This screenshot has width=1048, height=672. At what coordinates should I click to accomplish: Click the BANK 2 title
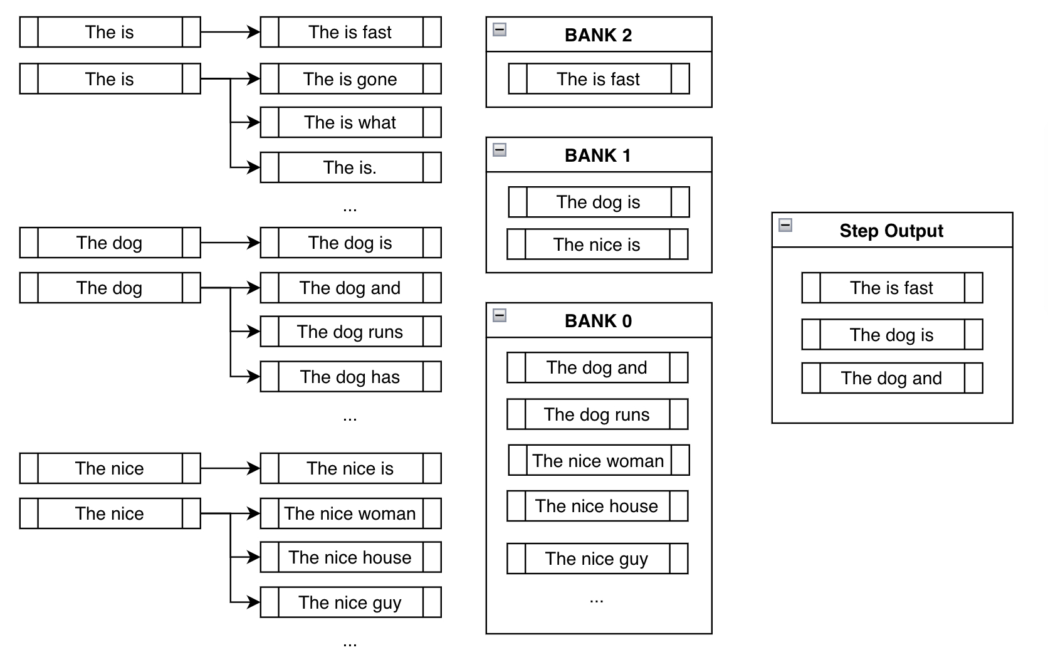coord(598,35)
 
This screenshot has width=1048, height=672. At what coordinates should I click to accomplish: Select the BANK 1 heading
coord(598,155)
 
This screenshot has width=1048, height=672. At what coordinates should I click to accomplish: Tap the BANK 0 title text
coord(598,321)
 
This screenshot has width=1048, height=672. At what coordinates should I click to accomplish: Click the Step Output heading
coord(891,231)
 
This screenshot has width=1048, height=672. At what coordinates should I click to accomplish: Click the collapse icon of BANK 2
coord(500,29)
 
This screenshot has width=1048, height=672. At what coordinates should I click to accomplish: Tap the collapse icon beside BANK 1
coord(500,150)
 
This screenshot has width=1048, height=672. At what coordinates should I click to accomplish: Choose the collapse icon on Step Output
coord(785,225)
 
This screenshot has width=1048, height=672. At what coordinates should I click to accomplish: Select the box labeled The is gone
coord(350,79)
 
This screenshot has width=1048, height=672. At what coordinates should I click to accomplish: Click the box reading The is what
coord(350,122)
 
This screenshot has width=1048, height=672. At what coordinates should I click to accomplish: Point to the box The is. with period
coord(350,167)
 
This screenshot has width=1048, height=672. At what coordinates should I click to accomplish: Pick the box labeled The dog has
coord(350,377)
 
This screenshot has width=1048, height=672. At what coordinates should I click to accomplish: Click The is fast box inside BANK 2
coord(599,79)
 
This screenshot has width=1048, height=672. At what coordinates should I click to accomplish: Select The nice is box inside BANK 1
coord(597,244)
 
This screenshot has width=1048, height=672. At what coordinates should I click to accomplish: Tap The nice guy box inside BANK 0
coord(597,559)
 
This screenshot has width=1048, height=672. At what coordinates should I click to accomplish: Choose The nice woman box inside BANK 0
coord(599,461)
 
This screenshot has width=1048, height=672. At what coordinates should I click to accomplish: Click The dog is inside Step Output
coord(892,335)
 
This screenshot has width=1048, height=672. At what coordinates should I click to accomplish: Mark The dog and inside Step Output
coord(892,378)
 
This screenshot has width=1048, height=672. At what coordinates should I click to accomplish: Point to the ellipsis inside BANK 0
coord(596,601)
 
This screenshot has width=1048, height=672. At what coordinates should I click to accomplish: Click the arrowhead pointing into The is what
coord(254,122)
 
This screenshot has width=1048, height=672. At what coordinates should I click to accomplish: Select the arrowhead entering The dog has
coord(254,377)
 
